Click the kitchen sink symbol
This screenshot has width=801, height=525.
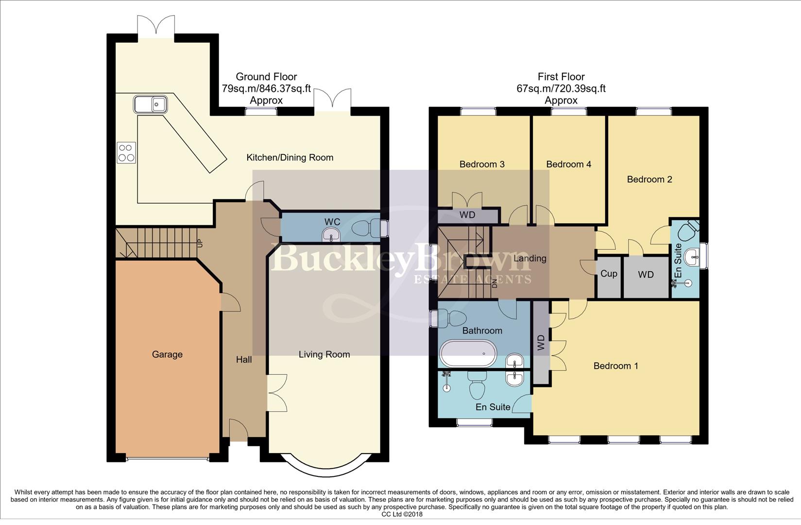click(151, 104)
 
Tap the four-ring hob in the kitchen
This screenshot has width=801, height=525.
click(126, 153)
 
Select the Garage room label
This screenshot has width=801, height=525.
click(167, 354)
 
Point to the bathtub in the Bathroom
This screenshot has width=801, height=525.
click(468, 353)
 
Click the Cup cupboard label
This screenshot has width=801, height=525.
click(609, 274)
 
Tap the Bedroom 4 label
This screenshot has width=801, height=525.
click(568, 164)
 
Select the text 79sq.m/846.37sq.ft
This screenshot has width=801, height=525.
click(266, 88)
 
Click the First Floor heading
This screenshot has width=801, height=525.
click(561, 76)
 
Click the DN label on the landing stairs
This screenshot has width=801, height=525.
click(494, 283)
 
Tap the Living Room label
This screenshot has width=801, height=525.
click(324, 354)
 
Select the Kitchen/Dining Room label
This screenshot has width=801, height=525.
click(290, 157)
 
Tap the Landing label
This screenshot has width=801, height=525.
click(530, 258)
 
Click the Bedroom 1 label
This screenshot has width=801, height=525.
click(616, 366)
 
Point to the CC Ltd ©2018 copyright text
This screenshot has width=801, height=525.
click(402, 514)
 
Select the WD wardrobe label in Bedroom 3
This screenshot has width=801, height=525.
click(467, 215)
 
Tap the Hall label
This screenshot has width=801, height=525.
click(244, 359)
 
